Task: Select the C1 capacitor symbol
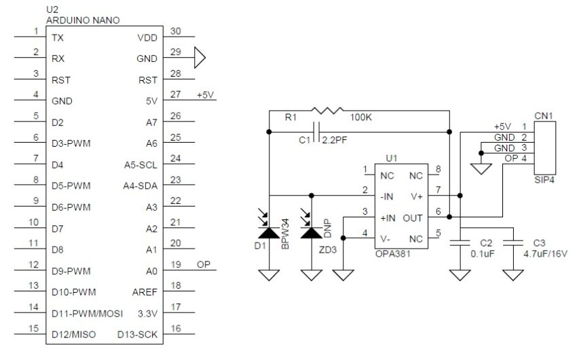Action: coord(314,131)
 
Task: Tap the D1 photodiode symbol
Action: coord(269,232)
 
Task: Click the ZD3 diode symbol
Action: coord(312,232)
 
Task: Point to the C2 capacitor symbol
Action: coord(460,243)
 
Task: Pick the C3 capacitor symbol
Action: coord(515,243)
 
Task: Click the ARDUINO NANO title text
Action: coord(83,20)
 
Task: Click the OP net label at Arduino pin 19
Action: coord(204,264)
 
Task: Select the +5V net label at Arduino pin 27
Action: coord(205,94)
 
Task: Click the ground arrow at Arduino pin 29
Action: coord(199,58)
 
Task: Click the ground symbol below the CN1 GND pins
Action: coord(481,168)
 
